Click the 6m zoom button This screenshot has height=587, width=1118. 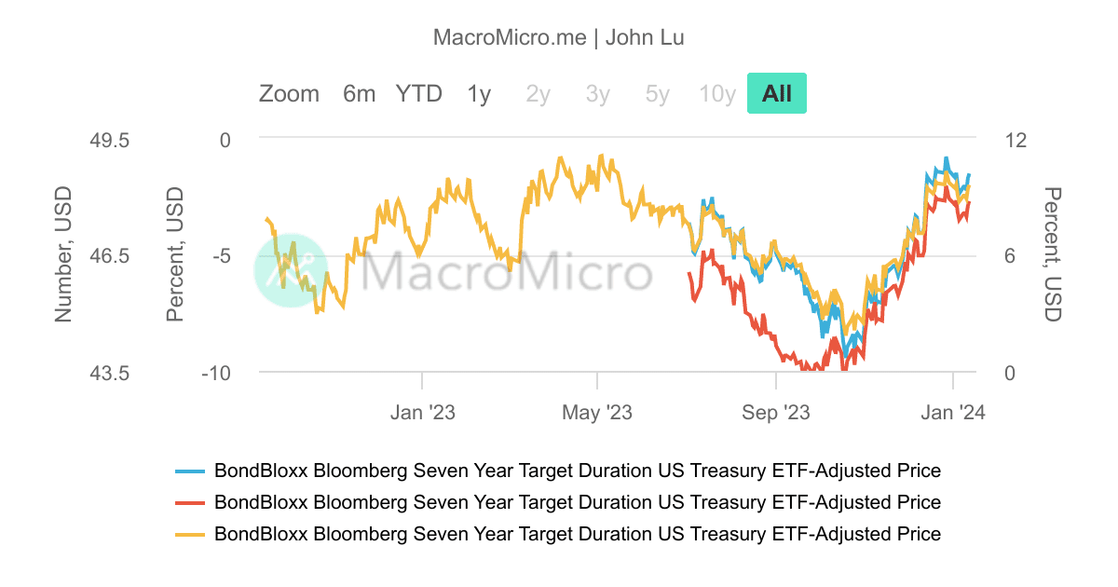point(359,94)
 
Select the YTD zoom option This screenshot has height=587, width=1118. point(418,94)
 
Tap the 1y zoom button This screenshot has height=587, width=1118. point(479,94)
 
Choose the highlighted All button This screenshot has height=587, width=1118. point(776,94)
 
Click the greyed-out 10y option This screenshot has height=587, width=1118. point(717,94)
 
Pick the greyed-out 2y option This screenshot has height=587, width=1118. point(539,94)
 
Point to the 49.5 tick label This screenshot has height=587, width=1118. point(108,141)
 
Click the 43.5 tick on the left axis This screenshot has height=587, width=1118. point(108,374)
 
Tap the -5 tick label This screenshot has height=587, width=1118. point(220,257)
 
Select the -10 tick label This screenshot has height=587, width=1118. point(216,374)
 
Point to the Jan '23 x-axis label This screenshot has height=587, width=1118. point(422,412)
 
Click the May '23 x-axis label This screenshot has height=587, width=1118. point(597,412)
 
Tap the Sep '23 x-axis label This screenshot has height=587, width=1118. point(775,412)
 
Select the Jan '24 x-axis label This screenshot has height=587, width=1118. point(952,412)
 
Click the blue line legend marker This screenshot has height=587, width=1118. point(190,471)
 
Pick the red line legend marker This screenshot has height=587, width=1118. point(190,503)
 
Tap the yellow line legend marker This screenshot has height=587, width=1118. point(190,535)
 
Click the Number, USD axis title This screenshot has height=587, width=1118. point(63,255)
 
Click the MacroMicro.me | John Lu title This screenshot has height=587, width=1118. point(559,38)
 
